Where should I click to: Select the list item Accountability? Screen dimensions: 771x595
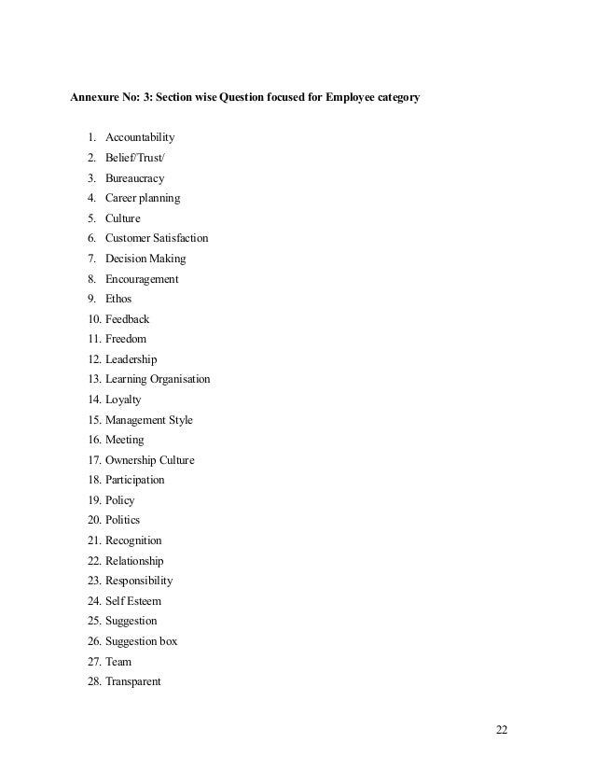tap(140, 138)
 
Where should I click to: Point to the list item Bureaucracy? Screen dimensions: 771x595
tap(136, 178)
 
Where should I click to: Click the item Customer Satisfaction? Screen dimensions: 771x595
tap(157, 239)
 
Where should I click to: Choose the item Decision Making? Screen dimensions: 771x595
tap(145, 259)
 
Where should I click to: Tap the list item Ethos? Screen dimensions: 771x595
tap(118, 299)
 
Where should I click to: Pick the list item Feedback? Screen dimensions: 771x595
tap(127, 319)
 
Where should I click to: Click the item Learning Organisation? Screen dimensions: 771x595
tap(158, 379)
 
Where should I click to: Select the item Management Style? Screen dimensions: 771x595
tap(149, 420)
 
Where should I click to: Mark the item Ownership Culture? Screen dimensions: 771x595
tap(150, 460)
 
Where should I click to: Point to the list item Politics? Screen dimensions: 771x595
tap(123, 520)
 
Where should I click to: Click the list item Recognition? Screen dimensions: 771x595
tap(133, 540)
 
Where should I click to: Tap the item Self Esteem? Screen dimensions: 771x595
tap(132, 601)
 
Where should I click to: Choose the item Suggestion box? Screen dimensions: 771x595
tap(141, 641)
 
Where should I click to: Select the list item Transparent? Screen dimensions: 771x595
tap(133, 681)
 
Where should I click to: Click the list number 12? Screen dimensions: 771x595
tap(93, 359)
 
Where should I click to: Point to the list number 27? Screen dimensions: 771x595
tap(93, 662)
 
